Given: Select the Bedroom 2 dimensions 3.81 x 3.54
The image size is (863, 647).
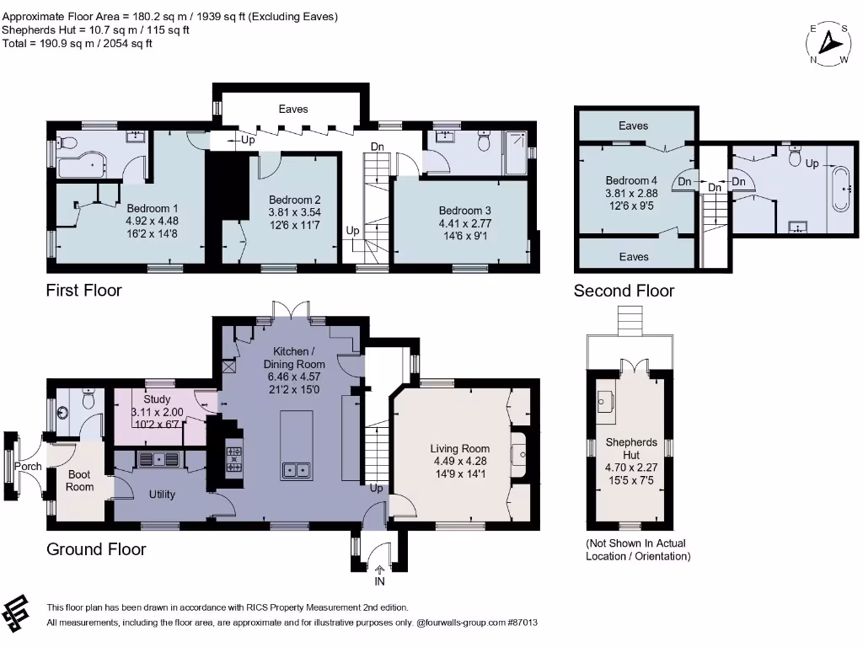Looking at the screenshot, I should pyautogui.click(x=294, y=212).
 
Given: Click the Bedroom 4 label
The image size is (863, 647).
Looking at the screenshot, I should pyautogui.click(x=631, y=180).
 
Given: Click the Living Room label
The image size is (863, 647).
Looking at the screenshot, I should pyautogui.click(x=460, y=448).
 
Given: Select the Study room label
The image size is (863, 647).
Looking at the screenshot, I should pyautogui.click(x=157, y=399).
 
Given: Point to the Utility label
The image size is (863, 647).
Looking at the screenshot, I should pyautogui.click(x=162, y=495).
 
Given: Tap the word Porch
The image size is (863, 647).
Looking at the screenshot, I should pyautogui.click(x=29, y=466).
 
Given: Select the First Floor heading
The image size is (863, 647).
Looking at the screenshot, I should pyautogui.click(x=83, y=291).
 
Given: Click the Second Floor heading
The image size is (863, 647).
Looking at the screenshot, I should pyautogui.click(x=624, y=291).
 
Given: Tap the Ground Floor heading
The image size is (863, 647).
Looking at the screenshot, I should pyautogui.click(x=95, y=549).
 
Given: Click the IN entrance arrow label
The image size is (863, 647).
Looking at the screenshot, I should pyautogui.click(x=378, y=581).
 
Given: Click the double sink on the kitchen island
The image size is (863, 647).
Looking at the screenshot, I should pyautogui.click(x=294, y=469).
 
